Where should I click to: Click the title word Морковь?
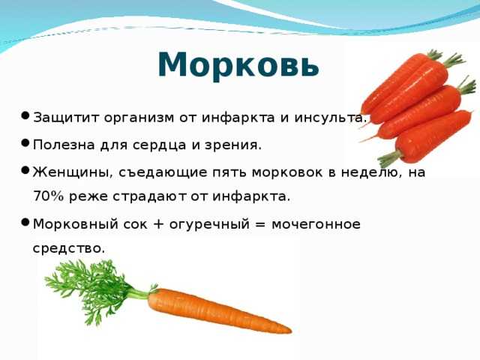tap(238, 65)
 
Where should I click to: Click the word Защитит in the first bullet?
tap(66, 118)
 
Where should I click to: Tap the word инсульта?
tap(331, 118)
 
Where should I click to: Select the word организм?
tap(139, 118)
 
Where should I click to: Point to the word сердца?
tap(159, 145)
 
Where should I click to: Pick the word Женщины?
tap(73, 172)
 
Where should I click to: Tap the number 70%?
tap(48, 196)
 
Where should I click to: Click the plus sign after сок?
tap(158, 224)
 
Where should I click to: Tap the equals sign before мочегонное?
tap(260, 224)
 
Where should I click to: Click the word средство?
tap(69, 248)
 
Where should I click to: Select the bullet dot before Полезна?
tap(25, 142)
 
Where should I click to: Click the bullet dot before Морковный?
tap(25, 222)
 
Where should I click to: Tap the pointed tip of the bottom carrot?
tap(291, 331)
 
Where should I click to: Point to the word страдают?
tap(149, 196)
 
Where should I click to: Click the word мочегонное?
tap(316, 224)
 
